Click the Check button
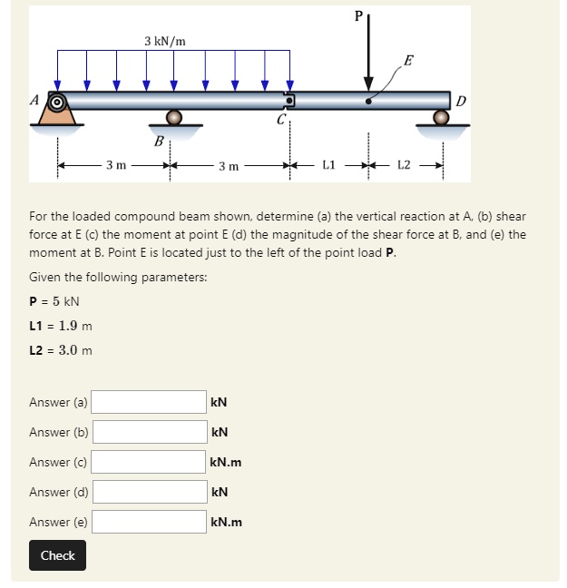point(57,555)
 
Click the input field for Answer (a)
point(149,402)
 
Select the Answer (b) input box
point(149,432)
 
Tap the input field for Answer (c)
point(149,462)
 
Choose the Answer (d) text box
point(149,492)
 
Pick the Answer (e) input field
point(149,522)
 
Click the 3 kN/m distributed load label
point(165,41)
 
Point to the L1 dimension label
point(329,165)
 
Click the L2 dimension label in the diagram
point(405,165)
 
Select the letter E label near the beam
point(409,62)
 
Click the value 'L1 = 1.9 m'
point(61,326)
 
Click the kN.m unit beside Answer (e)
point(226,523)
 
